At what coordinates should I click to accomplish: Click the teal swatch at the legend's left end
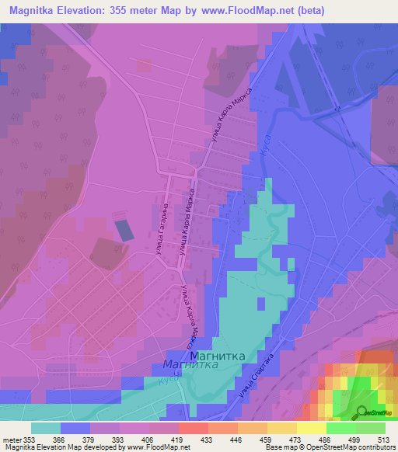46,428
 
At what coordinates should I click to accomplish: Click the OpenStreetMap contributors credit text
357,447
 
